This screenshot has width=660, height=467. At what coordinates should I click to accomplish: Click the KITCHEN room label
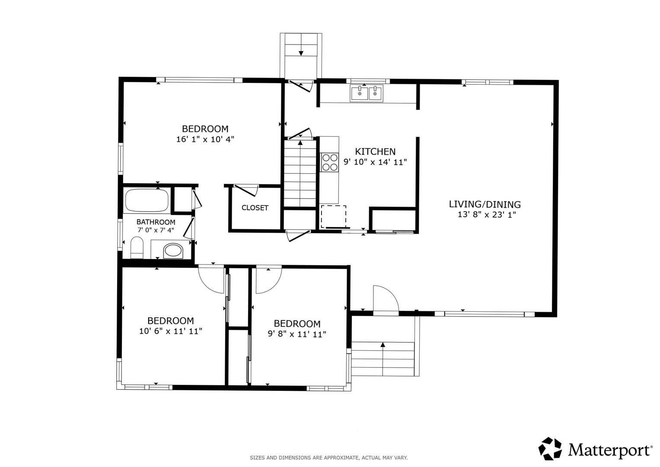[x=375, y=151]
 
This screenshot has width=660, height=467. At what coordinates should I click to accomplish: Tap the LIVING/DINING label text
[x=485, y=204]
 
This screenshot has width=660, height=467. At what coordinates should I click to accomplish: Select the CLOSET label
[x=255, y=208]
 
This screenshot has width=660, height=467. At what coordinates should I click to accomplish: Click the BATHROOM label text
[x=156, y=222]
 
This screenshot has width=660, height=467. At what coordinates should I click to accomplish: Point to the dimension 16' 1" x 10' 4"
[x=205, y=139]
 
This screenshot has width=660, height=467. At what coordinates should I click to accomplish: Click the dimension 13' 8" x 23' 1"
[x=487, y=214]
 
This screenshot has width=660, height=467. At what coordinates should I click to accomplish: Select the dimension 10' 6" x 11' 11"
[x=171, y=331]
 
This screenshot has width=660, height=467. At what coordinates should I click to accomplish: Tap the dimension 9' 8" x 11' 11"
[x=297, y=334]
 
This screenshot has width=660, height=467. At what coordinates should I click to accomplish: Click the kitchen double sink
[x=367, y=93]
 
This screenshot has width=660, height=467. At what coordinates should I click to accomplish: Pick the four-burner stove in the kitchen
[x=330, y=162]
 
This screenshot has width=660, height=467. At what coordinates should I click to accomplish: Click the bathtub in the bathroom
[x=147, y=201]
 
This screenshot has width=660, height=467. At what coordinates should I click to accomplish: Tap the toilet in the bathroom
[x=137, y=247]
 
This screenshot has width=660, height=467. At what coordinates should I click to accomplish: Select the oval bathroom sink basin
[x=173, y=251]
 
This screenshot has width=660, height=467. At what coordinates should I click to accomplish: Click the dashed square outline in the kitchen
[x=334, y=217]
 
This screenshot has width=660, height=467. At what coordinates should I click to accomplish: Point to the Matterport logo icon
[x=550, y=449]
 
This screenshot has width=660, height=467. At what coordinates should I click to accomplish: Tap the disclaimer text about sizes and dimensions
[x=329, y=458]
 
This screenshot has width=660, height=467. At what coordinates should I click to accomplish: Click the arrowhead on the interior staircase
[x=300, y=143]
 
